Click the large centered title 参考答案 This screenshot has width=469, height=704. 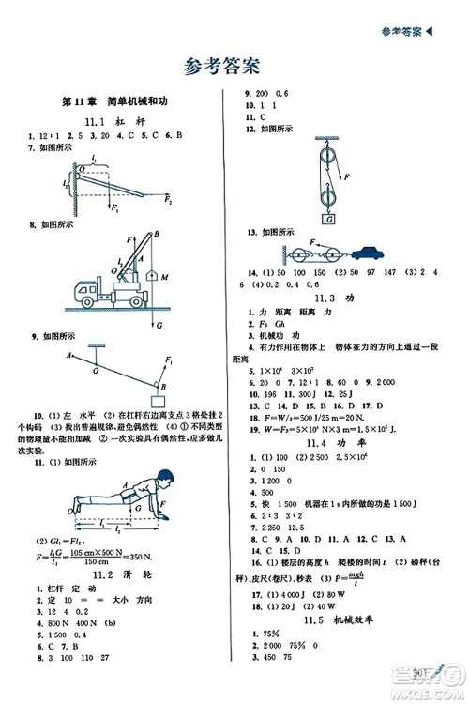(x=221, y=66)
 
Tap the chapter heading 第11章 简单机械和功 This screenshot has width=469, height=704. (x=115, y=102)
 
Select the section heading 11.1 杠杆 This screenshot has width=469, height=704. (x=114, y=123)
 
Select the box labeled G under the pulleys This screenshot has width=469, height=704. (x=329, y=220)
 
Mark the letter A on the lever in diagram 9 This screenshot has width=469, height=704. (x=69, y=355)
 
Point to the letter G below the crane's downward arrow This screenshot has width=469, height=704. (x=158, y=325)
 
